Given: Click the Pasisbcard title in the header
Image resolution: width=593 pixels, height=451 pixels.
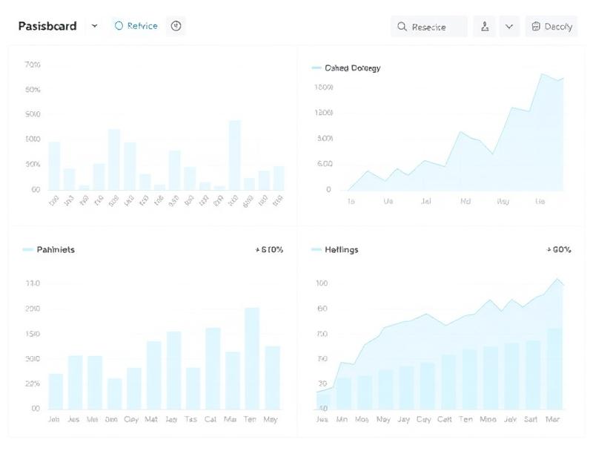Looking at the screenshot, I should point(47,26).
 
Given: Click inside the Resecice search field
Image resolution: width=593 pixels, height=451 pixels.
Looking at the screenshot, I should point(429,27).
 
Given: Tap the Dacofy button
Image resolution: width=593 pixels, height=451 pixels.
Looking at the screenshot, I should point(551,27).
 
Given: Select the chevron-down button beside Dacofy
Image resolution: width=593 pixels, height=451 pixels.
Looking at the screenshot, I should point(508,27).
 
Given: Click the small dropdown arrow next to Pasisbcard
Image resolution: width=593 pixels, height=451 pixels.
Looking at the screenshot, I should point(94,26).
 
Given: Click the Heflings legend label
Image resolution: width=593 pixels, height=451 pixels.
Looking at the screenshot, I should point(341,250).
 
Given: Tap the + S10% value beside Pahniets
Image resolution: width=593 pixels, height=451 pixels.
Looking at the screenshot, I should point(269,250).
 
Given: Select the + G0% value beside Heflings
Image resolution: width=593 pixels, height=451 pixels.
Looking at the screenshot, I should point(559,250).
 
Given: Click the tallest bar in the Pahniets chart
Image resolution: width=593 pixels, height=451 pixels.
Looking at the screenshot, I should point(252,356).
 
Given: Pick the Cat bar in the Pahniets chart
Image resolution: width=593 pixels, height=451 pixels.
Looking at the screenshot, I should point(213,367).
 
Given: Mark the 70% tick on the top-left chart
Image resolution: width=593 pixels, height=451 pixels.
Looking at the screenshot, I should point(33,65).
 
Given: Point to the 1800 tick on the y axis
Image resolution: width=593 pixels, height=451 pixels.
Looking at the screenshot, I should point(324,88).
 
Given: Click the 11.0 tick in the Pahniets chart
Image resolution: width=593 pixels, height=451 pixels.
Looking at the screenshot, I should point(33,283).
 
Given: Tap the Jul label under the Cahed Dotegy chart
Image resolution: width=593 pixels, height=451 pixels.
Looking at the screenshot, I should point(425,201).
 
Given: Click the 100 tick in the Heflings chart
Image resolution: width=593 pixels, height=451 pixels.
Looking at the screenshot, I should point(322,283).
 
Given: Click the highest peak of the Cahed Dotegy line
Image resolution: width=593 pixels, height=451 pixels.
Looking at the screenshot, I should point(543,74).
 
